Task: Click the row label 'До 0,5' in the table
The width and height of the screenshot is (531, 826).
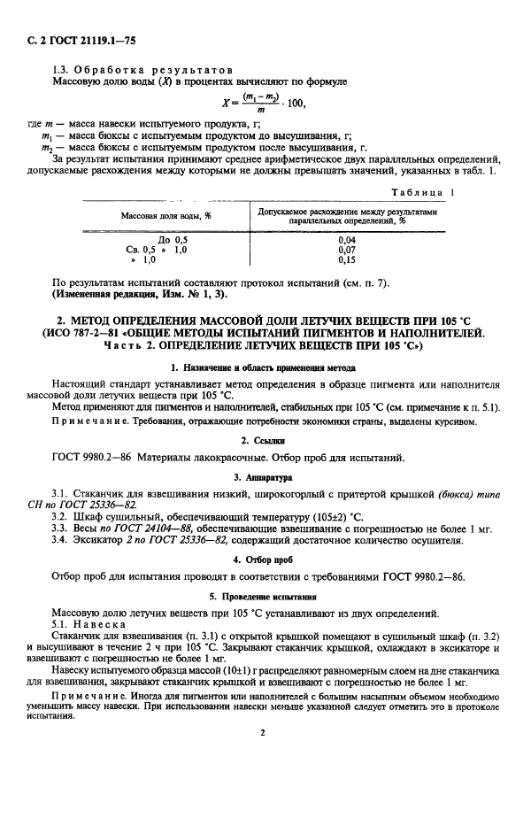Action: point(173,240)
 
